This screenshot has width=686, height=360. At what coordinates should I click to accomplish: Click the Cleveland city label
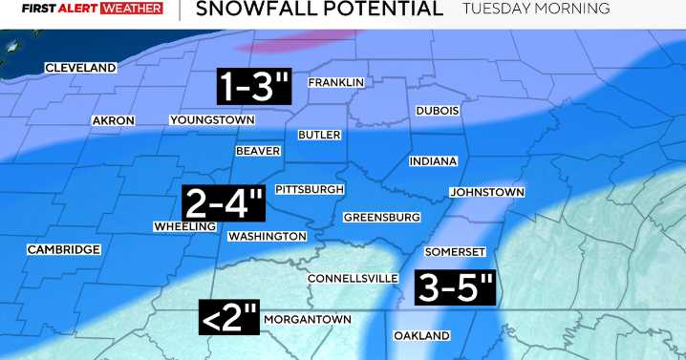81,68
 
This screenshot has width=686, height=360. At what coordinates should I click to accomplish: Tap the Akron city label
113,120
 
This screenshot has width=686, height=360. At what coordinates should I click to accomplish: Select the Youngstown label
212,120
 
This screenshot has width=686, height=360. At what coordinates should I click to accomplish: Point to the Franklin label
336,83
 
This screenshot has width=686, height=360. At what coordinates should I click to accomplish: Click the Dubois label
438,111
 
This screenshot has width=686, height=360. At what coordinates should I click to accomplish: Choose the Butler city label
319,135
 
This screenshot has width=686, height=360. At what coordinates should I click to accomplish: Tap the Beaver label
258,151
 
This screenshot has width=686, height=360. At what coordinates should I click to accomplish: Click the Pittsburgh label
309,190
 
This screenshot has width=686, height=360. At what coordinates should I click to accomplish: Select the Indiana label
433,161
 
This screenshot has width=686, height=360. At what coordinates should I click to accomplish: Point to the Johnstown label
487,192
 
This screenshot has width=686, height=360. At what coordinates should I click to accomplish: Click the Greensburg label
382,217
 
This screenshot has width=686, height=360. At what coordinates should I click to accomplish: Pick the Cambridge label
63,249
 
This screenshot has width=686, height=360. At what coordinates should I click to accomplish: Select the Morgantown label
306,319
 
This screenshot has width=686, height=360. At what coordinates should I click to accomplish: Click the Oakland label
421,336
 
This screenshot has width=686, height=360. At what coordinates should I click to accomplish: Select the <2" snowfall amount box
229,318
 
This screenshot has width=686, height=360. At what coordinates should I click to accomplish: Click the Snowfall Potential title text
318,10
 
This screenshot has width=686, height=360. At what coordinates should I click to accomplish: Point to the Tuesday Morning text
536,9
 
